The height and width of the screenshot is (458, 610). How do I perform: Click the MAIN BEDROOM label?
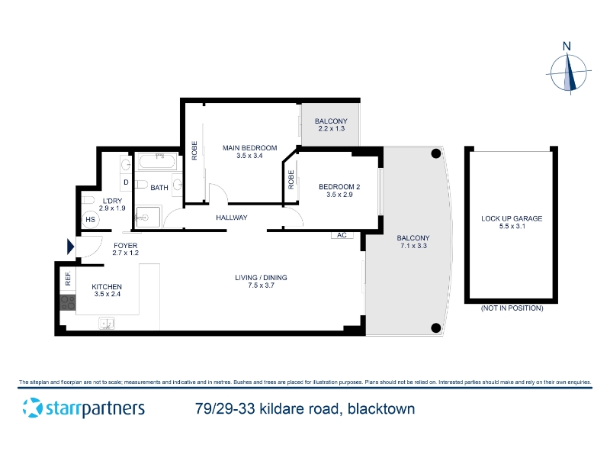tap(250, 148)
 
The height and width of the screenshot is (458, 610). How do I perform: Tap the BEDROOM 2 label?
tap(339, 187)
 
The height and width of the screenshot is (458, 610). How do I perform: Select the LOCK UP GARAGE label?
tap(512, 218)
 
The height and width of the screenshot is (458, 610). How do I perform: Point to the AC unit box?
tap(342, 235)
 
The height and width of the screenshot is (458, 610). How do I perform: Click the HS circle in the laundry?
tap(90, 220)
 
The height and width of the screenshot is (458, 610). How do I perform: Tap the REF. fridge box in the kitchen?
tap(68, 278)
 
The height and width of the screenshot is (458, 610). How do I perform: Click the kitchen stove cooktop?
tap(68, 302)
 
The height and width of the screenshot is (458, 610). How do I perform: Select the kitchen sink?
tap(107, 323)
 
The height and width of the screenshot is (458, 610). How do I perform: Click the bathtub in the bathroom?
tap(158, 162)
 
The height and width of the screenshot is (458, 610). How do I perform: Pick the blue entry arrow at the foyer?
tap(70, 247)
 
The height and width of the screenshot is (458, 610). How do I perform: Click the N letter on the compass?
tap(567, 47)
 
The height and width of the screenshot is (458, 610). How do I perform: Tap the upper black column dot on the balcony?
tap(436, 153)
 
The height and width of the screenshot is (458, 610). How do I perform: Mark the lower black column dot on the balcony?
tap(436, 328)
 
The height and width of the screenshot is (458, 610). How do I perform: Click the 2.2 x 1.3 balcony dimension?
tap(331, 128)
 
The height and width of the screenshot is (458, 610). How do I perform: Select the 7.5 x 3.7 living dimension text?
tap(261, 285)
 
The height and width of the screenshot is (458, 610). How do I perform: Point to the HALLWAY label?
tap(232, 218)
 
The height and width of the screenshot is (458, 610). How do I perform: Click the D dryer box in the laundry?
tap(126, 182)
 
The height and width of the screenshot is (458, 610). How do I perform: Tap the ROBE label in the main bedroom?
tap(194, 150)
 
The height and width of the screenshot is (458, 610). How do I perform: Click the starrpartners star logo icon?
tap(32, 408)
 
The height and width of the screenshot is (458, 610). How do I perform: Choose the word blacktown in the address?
tap(381, 409)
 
